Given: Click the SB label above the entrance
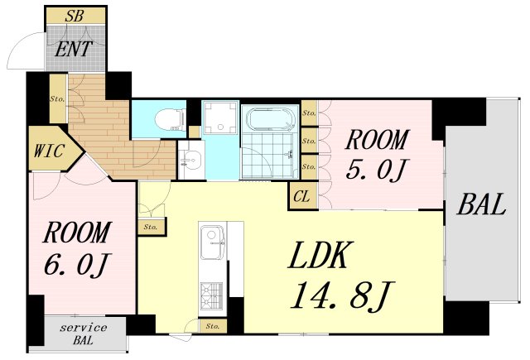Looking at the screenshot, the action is click(x=75, y=16).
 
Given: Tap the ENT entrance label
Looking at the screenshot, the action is click(x=74, y=50).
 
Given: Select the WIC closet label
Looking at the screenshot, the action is click(x=49, y=151).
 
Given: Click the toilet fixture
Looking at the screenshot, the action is click(x=171, y=119).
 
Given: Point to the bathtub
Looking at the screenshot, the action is click(x=269, y=119).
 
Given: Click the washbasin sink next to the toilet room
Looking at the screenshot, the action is click(x=191, y=159).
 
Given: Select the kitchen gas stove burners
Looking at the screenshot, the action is click(x=212, y=295).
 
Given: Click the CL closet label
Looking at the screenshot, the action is click(x=301, y=196).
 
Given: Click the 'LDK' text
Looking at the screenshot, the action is click(x=321, y=255).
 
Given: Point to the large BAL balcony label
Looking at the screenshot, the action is click(x=482, y=204).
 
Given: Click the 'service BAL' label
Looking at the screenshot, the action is click(x=84, y=334).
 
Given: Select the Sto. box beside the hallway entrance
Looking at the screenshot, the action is click(x=58, y=98).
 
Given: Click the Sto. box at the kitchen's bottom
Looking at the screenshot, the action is click(x=212, y=326).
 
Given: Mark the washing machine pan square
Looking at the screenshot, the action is click(x=221, y=118).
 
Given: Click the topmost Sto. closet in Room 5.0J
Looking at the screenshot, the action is click(x=309, y=113).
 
